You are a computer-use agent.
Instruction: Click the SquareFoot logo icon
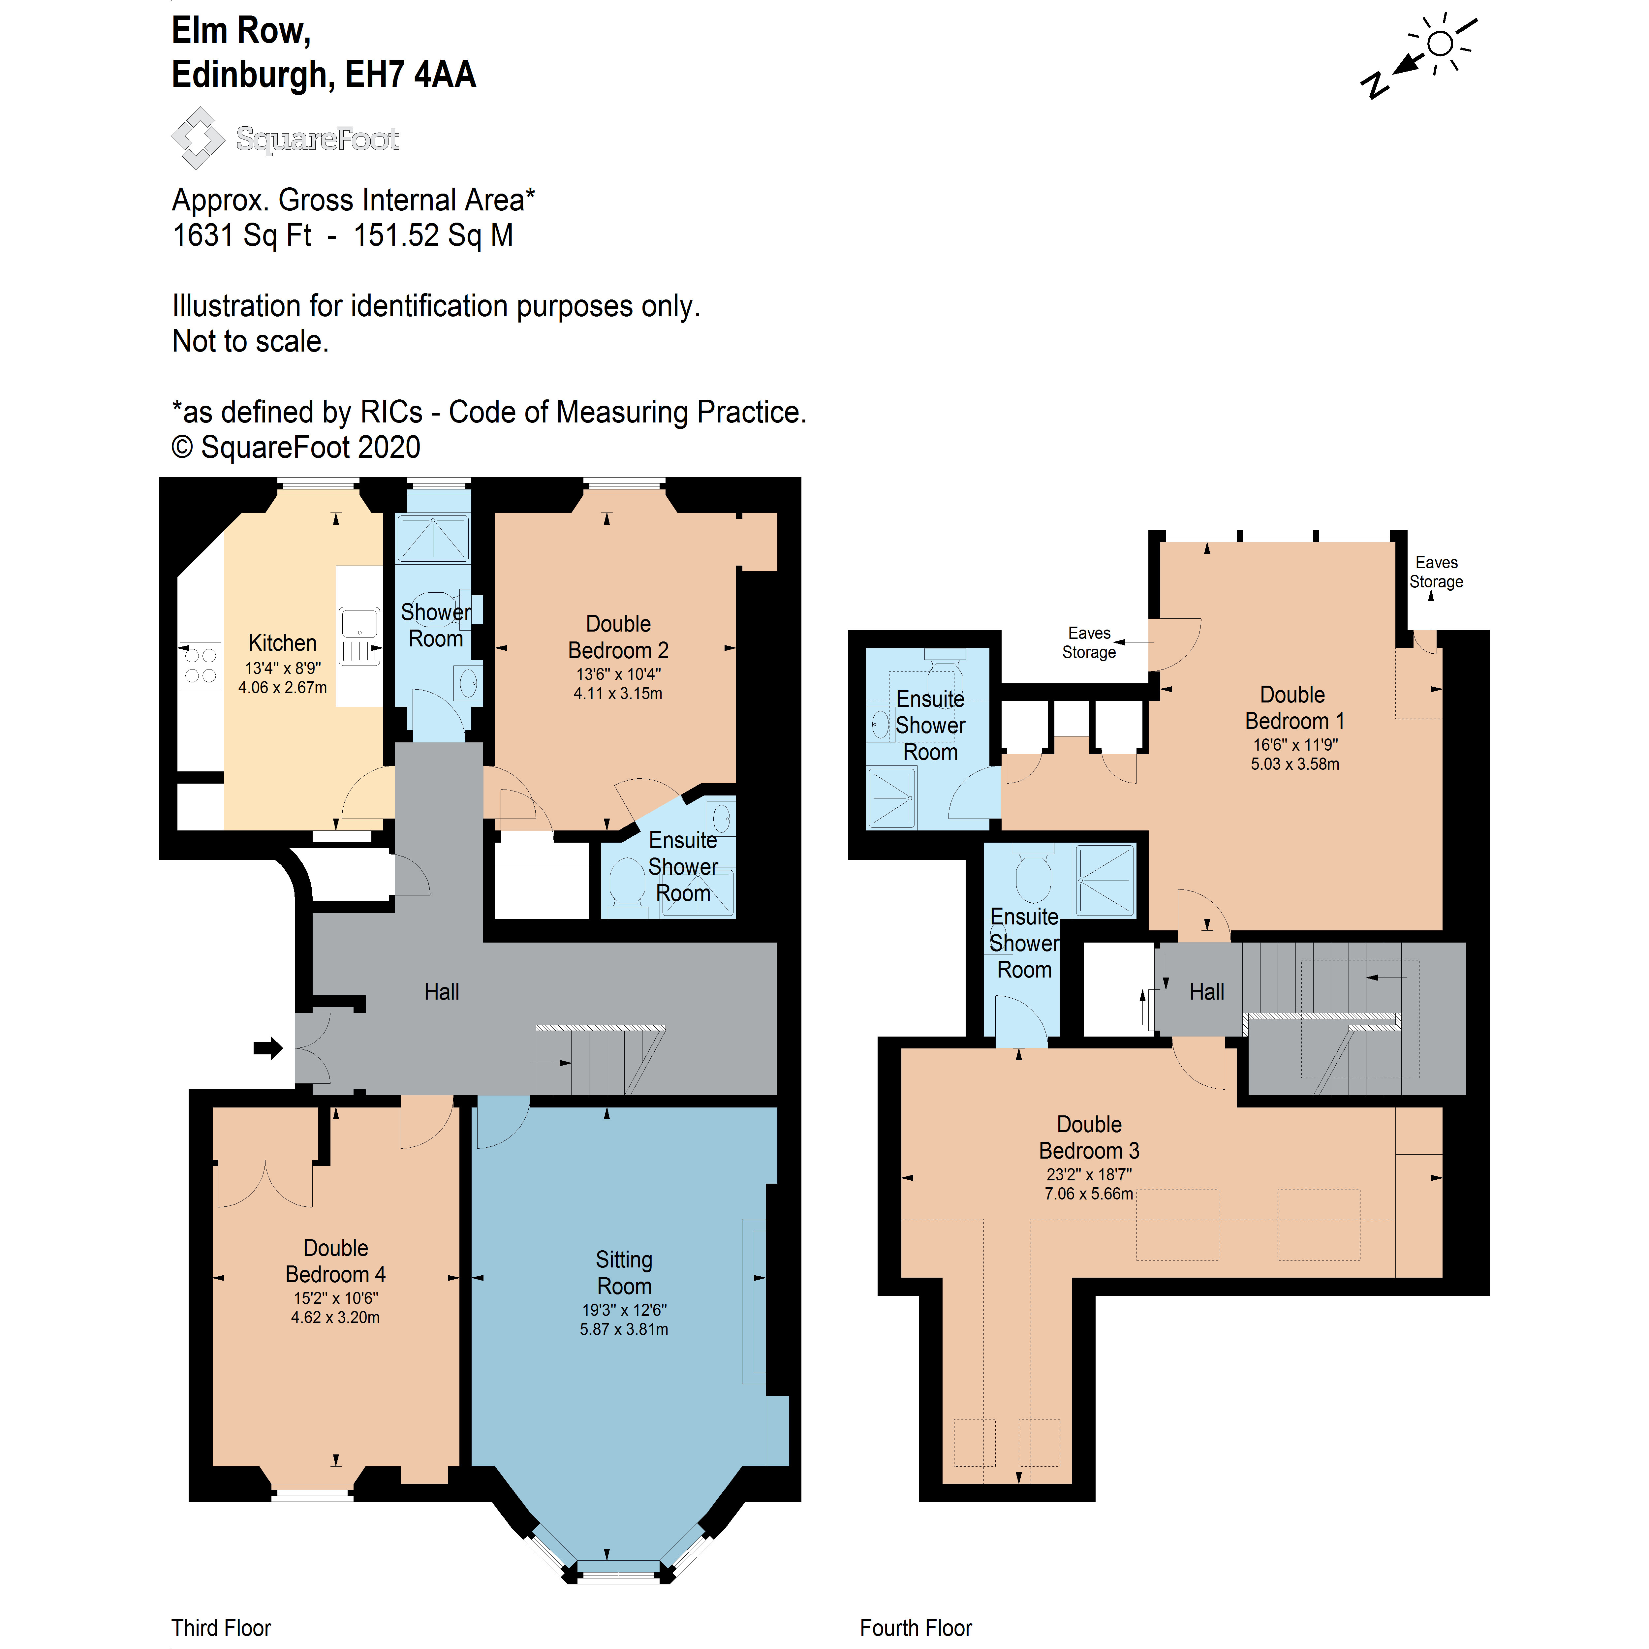198,138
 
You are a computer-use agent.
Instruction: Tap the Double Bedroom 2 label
618,637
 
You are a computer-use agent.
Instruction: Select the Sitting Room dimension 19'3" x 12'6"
624,1309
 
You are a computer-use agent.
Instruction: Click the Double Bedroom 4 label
335,1260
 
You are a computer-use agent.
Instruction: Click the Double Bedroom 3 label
1089,1137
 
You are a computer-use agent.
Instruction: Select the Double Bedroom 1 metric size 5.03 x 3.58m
1295,764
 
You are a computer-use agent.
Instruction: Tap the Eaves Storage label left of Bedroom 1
1089,643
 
